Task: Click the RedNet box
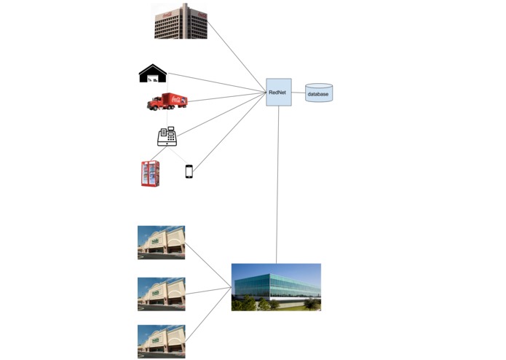278,92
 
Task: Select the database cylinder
318,93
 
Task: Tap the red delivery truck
167,101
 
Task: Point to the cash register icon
167,136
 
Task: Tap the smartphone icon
189,171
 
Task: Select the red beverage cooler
150,173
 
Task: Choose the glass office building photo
276,286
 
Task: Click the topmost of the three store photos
161,242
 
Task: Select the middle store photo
161,294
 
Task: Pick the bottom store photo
161,341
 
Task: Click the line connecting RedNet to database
299,93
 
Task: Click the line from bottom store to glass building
208,313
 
